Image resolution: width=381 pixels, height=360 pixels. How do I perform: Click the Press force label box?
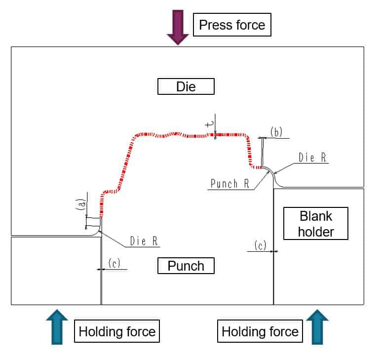pyautogui.click(x=232, y=25)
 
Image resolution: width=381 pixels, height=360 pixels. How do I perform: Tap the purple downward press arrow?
pyautogui.click(x=178, y=27)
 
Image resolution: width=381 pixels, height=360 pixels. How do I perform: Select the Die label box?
pyautogui.click(x=186, y=86)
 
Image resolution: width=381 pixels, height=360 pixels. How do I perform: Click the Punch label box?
pyautogui.click(x=186, y=266)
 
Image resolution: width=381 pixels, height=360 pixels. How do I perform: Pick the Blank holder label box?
pyautogui.click(x=316, y=224)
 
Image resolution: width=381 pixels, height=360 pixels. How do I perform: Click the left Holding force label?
pyautogui.click(x=117, y=331)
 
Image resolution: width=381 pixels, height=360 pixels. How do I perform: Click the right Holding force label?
pyautogui.click(x=260, y=331)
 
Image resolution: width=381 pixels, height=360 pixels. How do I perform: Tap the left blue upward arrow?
pyautogui.click(x=57, y=327)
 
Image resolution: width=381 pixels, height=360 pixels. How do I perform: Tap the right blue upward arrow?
pyautogui.click(x=317, y=327)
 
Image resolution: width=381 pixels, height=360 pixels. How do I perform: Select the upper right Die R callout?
pyautogui.click(x=312, y=158)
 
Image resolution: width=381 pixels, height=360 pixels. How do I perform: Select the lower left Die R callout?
pyautogui.click(x=144, y=241)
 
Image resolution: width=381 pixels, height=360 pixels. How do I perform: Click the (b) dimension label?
pyautogui.click(x=276, y=132)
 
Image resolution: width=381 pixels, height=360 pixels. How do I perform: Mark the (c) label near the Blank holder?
pyautogui.click(x=260, y=245)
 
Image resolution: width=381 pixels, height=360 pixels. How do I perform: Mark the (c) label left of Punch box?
pyautogui.click(x=114, y=263)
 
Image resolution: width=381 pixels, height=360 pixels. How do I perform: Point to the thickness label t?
pyautogui.click(x=210, y=124)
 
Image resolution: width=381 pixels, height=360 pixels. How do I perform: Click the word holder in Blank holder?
pyautogui.click(x=316, y=232)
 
